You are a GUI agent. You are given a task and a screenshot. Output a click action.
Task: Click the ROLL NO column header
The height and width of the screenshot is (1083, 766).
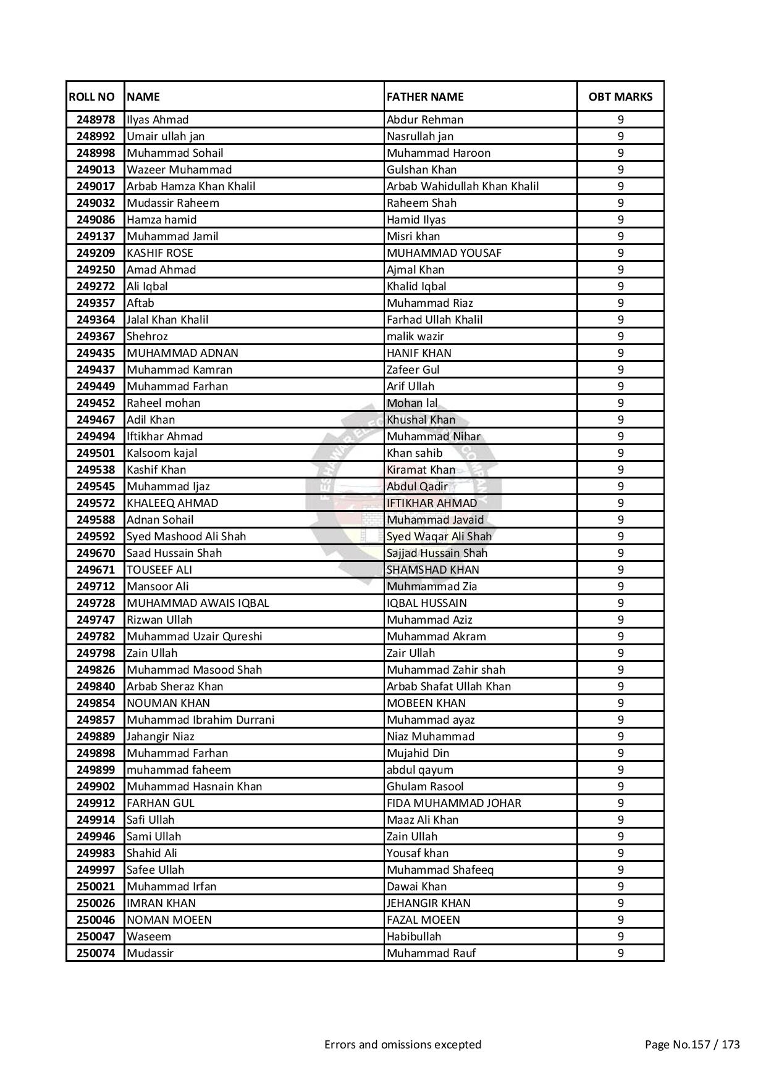pos(92,96)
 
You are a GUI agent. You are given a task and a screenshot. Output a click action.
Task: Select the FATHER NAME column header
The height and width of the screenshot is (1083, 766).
pos(425,96)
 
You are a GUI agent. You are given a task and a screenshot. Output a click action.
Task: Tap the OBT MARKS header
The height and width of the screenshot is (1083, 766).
pos(620,96)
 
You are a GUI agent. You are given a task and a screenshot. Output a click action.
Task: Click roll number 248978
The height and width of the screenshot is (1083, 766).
pos(96,120)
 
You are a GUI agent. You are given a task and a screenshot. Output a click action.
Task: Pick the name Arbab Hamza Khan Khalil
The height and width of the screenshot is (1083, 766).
pos(191,186)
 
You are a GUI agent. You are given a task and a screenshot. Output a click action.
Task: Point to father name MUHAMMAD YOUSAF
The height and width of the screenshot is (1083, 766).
pos(444,253)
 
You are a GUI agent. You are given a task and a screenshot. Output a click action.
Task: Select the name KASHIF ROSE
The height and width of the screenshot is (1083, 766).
pos(160,253)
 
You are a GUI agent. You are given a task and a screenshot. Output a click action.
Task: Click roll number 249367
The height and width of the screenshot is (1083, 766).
pos(96,337)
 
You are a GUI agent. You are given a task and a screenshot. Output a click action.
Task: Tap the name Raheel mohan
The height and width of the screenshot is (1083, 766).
pos(164,403)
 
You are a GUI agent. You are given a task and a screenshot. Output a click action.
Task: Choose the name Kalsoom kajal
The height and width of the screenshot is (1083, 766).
pos(162,453)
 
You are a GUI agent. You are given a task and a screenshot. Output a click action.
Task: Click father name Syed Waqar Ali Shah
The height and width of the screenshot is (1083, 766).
pos(439,537)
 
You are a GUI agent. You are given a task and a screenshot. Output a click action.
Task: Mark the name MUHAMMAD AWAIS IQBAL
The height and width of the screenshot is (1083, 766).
pos(198,603)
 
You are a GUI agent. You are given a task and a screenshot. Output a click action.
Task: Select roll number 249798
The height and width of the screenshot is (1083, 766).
pos(96,653)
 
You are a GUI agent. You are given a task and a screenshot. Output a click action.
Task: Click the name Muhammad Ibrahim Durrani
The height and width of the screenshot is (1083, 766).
pos(201,720)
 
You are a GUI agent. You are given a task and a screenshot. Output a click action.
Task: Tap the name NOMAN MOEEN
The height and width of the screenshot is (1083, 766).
pos(169,920)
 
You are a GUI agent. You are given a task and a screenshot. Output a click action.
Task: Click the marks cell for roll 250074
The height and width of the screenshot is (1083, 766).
pos(620,953)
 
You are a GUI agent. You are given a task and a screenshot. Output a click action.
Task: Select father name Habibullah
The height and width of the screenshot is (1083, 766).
pos(414,937)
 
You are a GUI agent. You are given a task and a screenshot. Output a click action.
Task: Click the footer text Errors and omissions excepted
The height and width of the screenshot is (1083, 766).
pos(403,1045)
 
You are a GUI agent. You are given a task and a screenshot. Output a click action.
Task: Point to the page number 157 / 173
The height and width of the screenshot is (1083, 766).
pos(692,1045)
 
